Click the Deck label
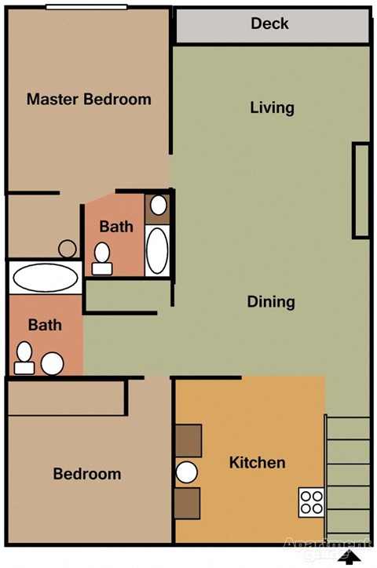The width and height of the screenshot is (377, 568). tap(269, 24)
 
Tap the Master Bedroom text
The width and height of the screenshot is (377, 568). tap(89, 100)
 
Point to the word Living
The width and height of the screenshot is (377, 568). tap(272, 107)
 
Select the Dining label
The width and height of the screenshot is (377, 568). tap(271, 301)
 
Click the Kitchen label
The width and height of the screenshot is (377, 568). tap(257, 462)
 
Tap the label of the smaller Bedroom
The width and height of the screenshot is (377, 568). tap(87, 474)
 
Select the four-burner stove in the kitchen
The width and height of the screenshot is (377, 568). tap(311, 501)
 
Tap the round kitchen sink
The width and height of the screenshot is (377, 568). tap(187, 472)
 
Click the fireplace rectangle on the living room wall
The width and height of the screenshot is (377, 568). tap(361, 190)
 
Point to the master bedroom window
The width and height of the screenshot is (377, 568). tap(86, 7)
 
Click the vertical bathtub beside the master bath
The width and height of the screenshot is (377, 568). tap(158, 249)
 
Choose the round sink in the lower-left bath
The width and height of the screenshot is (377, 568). tap(53, 363)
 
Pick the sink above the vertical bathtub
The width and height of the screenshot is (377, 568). tap(159, 206)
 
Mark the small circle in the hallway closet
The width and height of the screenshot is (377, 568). tap(68, 249)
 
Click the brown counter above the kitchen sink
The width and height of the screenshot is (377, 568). tap(188, 440)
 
